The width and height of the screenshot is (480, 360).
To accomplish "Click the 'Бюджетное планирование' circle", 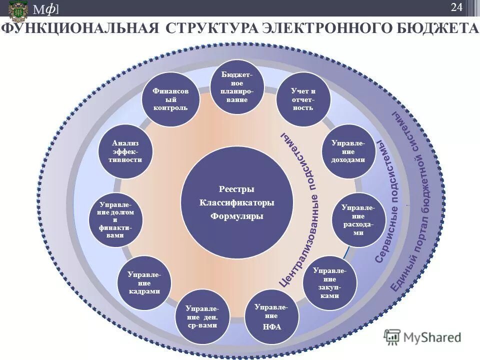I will pyautogui.click(x=236, y=86).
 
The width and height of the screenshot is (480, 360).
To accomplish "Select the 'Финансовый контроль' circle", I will pyautogui.click(x=171, y=100).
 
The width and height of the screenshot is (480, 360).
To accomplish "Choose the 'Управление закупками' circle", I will pyautogui.click(x=330, y=282).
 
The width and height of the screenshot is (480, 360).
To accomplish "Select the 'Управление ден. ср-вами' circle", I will pyautogui.click(x=202, y=316).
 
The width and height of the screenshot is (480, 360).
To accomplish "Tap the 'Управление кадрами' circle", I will pyautogui.click(x=144, y=283).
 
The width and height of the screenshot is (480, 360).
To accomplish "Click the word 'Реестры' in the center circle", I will pyautogui.click(x=236, y=189).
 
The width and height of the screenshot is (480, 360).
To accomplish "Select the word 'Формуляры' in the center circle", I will pyautogui.click(x=236, y=216).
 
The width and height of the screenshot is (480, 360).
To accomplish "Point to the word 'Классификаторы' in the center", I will pyautogui.click(x=236, y=202).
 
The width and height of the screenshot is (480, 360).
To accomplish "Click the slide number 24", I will pyautogui.click(x=456, y=7).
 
